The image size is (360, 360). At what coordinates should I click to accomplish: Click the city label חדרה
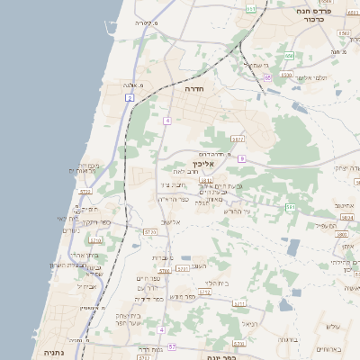click(x=194, y=90)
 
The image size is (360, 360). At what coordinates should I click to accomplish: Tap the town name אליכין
click(x=202, y=165)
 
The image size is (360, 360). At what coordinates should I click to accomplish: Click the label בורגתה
click(x=288, y=340)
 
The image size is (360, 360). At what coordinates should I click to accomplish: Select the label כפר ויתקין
click(x=93, y=220)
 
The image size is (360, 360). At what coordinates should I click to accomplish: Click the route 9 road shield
click(x=242, y=158)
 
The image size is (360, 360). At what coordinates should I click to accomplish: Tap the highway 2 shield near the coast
click(x=130, y=96)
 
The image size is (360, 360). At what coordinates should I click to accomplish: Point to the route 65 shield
click(x=268, y=77)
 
